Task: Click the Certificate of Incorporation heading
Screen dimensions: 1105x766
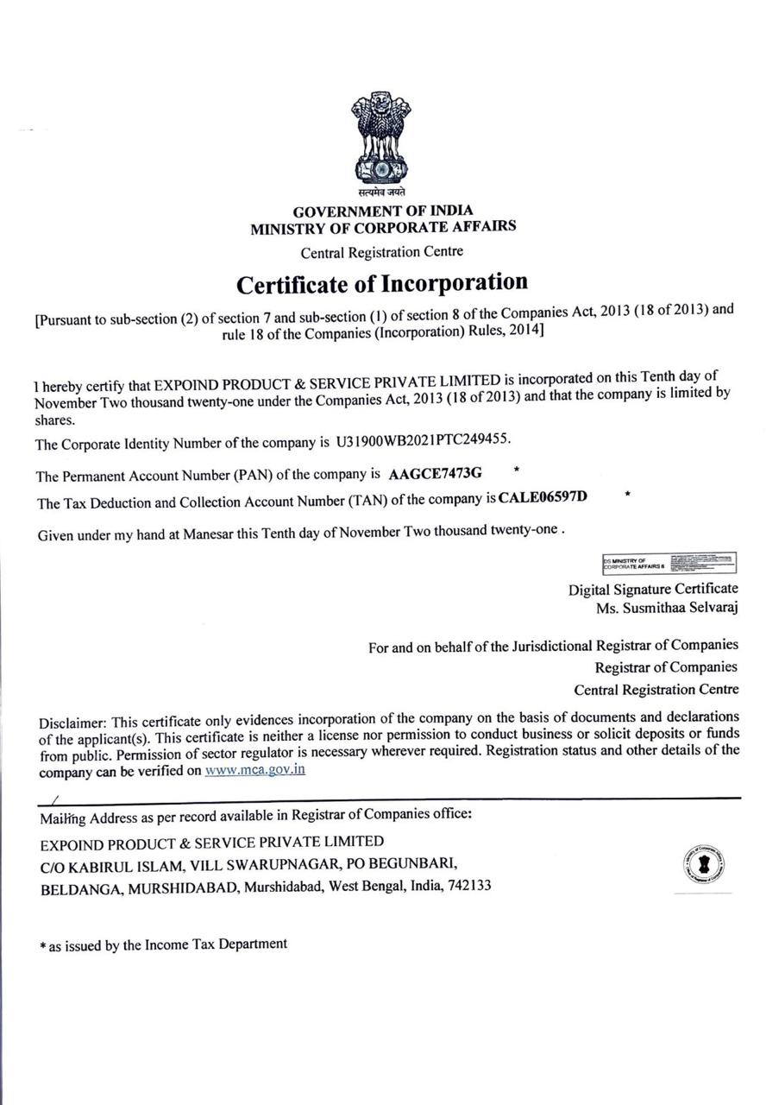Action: point(382,283)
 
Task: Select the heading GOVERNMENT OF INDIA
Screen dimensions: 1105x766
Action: point(383,211)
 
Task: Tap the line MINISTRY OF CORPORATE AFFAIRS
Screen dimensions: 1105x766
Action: point(383,228)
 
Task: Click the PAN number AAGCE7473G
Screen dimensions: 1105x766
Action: point(436,473)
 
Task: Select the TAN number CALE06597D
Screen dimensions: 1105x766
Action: point(543,496)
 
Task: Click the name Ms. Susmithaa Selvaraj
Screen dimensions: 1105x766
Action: point(667,607)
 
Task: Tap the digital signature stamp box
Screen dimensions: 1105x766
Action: point(669,563)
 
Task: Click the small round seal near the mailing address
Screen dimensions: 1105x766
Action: point(703,864)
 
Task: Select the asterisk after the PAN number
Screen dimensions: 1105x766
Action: point(516,470)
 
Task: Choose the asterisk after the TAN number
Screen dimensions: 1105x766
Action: point(627,495)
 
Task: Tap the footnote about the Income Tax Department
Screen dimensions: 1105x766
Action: point(164,945)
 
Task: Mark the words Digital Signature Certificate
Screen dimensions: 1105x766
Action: point(653,589)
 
